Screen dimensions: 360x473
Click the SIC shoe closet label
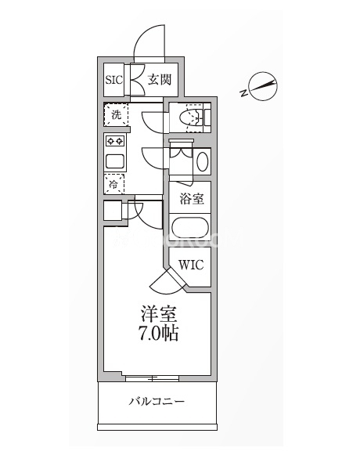point(114,80)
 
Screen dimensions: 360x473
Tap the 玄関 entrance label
point(159,80)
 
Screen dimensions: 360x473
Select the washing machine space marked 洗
point(116,114)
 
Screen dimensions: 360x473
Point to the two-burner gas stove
point(116,141)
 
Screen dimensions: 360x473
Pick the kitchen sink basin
point(115,161)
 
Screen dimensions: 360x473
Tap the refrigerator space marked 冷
point(114,184)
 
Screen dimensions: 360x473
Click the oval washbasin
point(203,161)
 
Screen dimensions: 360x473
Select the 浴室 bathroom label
point(192,199)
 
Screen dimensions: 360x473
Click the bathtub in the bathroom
point(190,229)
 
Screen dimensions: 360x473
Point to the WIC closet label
point(191,265)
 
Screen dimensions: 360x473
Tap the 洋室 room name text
point(159,314)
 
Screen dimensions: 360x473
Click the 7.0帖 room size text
point(158,334)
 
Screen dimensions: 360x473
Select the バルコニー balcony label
point(157,402)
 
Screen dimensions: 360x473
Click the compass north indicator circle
point(264,86)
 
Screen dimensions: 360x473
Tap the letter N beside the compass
point(243,92)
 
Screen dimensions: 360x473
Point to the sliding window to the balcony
point(153,378)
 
